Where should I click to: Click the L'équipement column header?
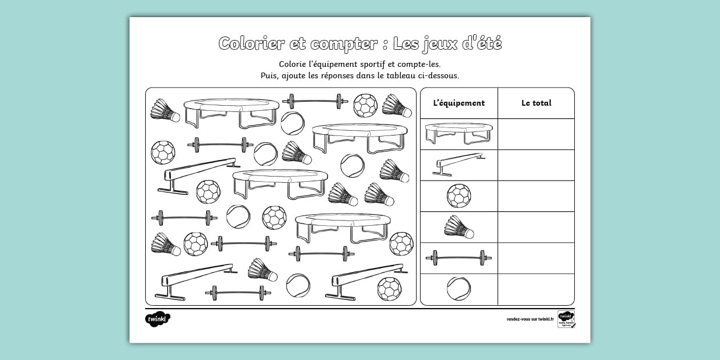coord(459,103)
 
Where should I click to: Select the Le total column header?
coord(536,103)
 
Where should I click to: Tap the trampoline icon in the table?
coord(459,134)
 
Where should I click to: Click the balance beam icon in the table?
coord(459,165)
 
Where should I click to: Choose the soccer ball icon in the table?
coord(459,196)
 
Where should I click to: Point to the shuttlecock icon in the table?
coord(459,227)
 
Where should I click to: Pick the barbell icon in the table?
coord(459,258)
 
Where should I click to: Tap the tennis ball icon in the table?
coord(459,289)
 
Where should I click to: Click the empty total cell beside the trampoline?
coord(536,134)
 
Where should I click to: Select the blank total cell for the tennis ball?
coord(536,289)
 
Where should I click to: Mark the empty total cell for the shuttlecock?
coord(536,227)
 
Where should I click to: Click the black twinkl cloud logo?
coord(157,319)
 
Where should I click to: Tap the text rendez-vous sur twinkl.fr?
coord(530,319)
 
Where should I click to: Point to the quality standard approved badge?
coord(566,319)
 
